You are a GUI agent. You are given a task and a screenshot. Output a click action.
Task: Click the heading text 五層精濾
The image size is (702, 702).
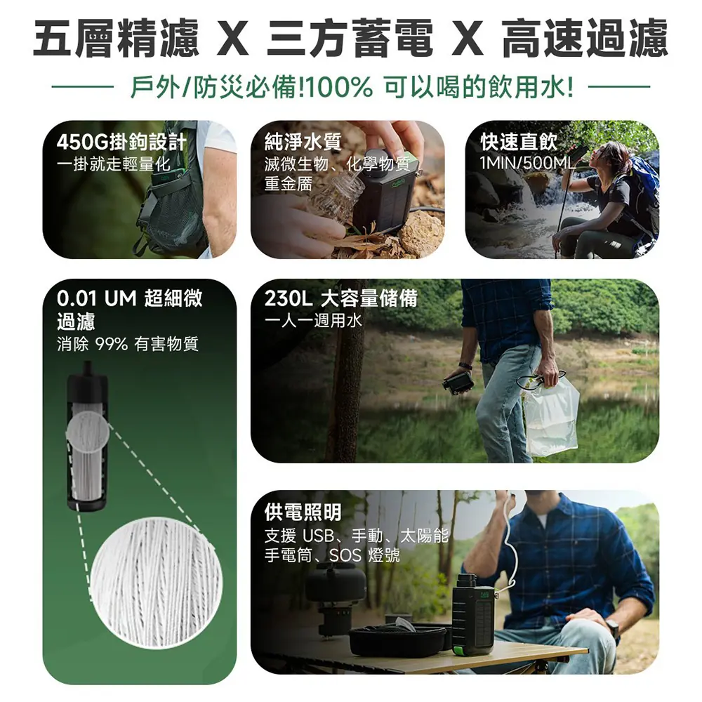point(116,38)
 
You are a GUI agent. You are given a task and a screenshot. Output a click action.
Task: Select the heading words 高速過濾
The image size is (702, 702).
point(585,38)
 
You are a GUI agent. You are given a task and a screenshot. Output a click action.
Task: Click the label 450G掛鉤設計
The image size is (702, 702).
point(121,143)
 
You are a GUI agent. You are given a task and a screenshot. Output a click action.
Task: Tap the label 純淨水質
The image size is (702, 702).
point(303,142)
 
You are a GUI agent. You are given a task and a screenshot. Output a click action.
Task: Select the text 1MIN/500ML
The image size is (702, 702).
point(527,164)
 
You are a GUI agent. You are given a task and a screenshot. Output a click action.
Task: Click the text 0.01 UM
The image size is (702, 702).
point(97,298)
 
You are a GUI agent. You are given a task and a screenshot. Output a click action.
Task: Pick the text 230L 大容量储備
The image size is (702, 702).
point(340,298)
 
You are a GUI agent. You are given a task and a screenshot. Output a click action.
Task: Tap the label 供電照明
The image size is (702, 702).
point(303,512)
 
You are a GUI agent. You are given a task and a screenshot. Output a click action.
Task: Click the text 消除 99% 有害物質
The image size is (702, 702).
point(128,344)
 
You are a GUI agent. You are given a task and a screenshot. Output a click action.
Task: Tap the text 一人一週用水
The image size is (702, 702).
point(313,321)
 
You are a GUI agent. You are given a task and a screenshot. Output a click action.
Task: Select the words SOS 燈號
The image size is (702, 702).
point(364,555)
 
